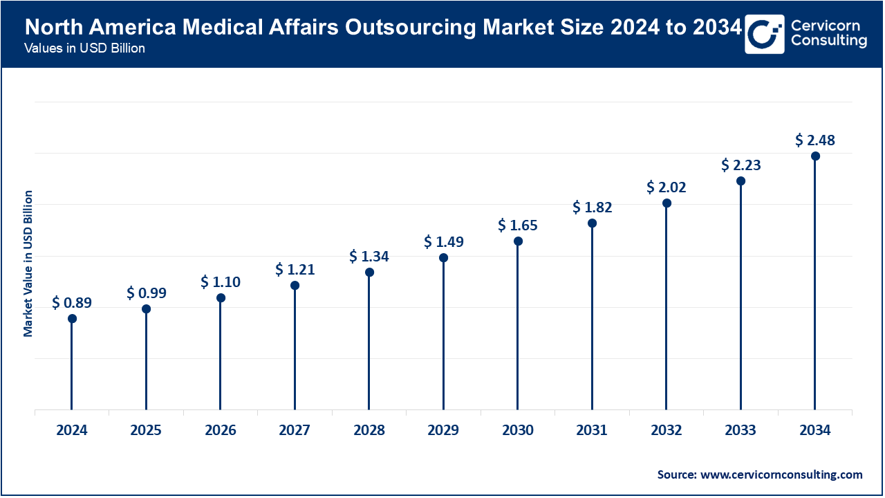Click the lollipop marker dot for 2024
[x=72, y=319]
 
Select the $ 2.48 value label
[x=815, y=140]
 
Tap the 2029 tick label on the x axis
[x=443, y=430]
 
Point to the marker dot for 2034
[x=815, y=156]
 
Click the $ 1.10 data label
[x=221, y=282]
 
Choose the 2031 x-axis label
[x=592, y=430]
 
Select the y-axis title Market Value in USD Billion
[x=28, y=264]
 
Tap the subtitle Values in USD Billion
[x=84, y=49]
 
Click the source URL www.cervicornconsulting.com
[x=782, y=474]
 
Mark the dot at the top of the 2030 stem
[x=518, y=241]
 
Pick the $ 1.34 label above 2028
[x=369, y=257]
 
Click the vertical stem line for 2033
[x=740, y=297]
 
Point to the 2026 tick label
[x=221, y=430]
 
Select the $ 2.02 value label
[x=667, y=187]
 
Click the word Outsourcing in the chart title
[x=416, y=28]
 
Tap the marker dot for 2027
[x=295, y=286]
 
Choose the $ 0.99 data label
[x=146, y=293]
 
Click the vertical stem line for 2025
[x=146, y=360]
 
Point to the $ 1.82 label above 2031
[x=592, y=207]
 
